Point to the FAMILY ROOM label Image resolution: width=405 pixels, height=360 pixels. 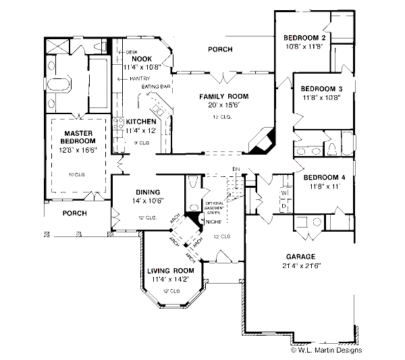point(220,97)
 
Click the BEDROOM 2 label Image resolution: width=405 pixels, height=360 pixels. point(305,37)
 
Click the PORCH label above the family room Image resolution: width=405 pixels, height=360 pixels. point(220,49)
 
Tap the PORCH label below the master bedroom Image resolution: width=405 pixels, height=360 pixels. point(75,212)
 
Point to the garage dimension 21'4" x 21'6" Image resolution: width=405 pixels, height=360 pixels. point(302,265)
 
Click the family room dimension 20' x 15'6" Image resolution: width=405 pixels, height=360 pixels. point(220,105)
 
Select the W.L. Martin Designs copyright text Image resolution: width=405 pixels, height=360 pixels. point(327,350)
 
